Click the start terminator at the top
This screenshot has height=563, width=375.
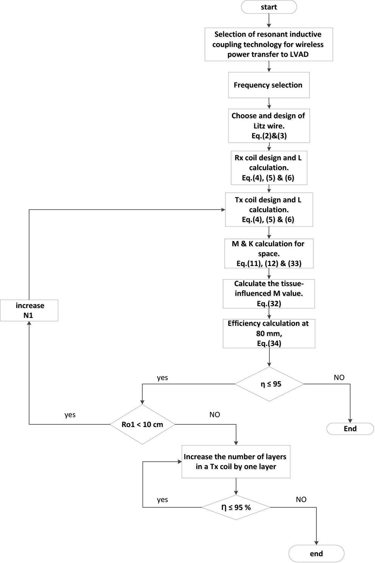[x=269, y=7]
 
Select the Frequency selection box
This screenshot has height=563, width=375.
[x=269, y=85]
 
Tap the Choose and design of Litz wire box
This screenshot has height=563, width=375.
[x=269, y=126]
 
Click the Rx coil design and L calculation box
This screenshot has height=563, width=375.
[x=269, y=168]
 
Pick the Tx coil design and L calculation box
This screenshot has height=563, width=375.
[x=269, y=210]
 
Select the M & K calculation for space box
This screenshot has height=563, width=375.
[x=269, y=253]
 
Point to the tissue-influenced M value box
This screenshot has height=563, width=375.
[x=269, y=294]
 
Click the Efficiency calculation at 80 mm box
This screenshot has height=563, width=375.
[x=269, y=333]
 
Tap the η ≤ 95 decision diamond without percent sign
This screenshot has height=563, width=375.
[x=269, y=384]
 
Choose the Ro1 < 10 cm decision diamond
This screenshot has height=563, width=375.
[x=142, y=424]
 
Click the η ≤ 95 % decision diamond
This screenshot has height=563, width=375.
[x=236, y=507]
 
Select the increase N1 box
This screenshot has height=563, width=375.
[x=29, y=310]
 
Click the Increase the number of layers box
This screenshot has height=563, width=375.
[x=236, y=461]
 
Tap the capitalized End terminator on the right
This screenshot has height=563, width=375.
[x=350, y=429]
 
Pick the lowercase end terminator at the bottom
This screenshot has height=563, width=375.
[x=316, y=554]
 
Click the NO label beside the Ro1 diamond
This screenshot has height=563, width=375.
[x=215, y=414]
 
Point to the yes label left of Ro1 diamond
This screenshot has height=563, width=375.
[x=70, y=414]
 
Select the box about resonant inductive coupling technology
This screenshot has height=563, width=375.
[x=269, y=44]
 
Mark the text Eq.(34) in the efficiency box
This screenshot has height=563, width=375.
[x=269, y=343]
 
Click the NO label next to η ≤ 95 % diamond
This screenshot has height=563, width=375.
[x=301, y=499]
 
